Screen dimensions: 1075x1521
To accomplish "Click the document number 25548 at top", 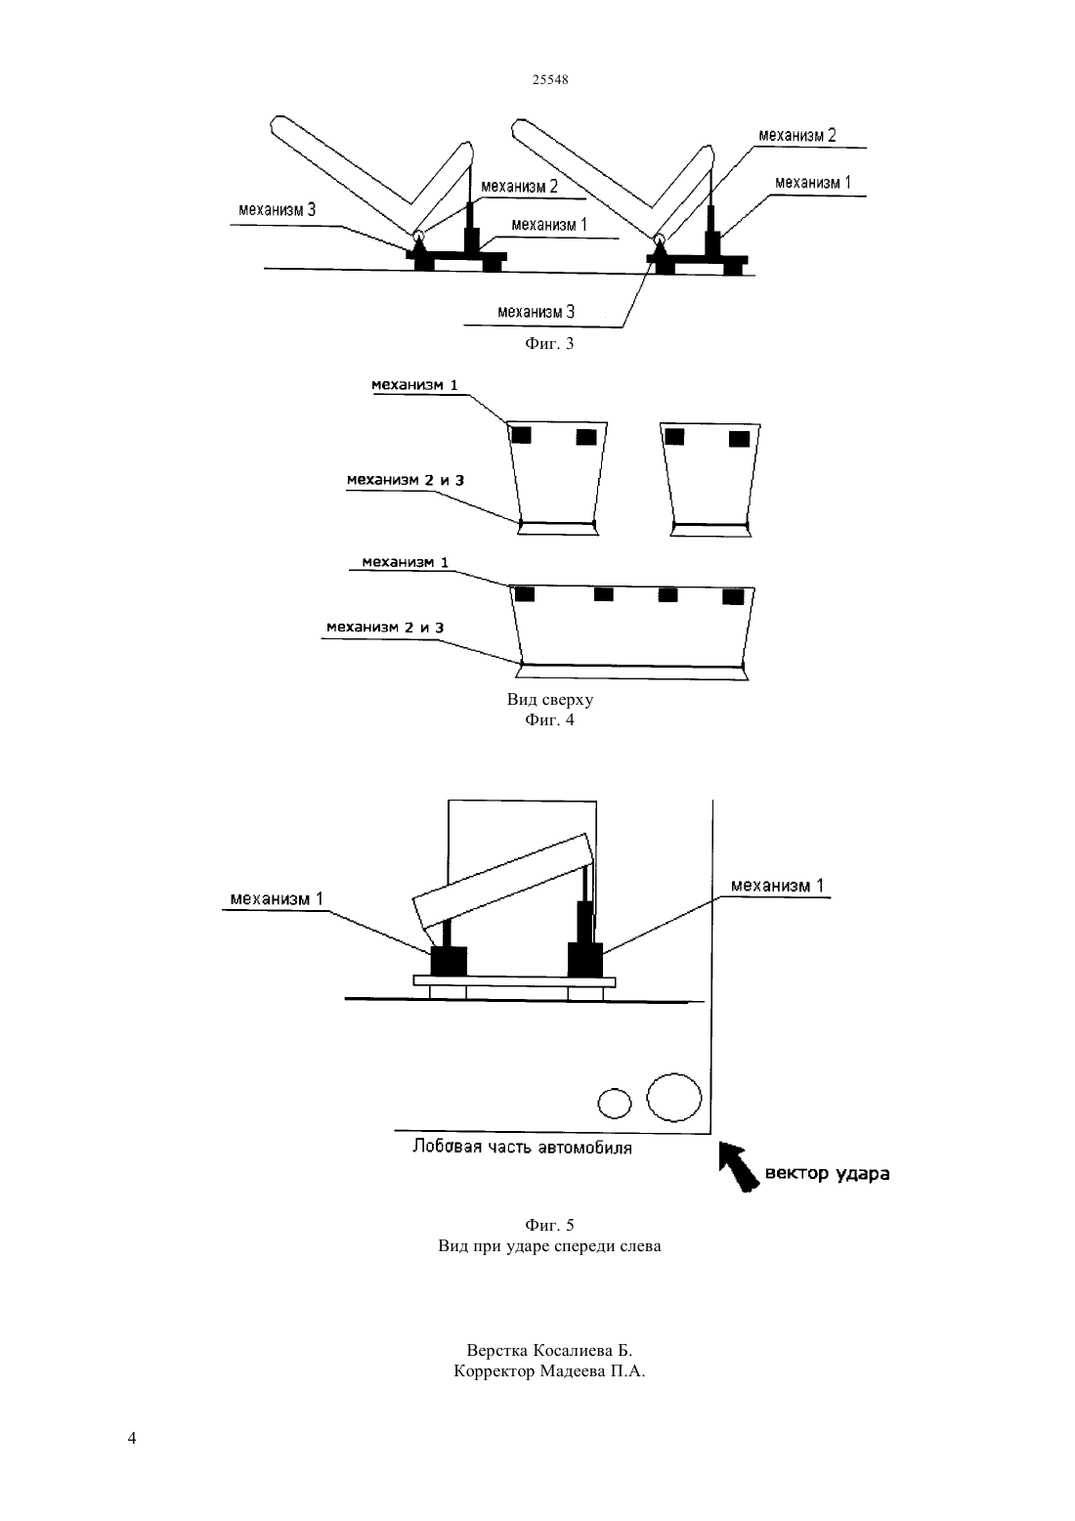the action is tap(549, 79).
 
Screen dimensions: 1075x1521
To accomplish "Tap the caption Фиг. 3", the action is tap(549, 343).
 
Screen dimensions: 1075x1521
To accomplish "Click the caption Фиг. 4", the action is tap(549, 719).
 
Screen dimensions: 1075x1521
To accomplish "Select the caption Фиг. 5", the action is tap(549, 1225).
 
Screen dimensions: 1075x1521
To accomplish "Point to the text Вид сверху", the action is tap(549, 699).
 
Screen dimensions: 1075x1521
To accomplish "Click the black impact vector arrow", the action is tap(739, 1166).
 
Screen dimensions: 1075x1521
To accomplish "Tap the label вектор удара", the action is tap(828, 1174).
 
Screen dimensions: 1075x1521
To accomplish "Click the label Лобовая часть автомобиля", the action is tap(522, 1147).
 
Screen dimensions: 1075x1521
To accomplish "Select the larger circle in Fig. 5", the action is tap(674, 1098).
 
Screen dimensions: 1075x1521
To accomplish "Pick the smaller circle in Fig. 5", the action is tap(614, 1103).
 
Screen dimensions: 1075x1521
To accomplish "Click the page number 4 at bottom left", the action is tap(132, 1438).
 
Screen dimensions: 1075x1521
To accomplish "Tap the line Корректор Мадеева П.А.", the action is tap(549, 1370).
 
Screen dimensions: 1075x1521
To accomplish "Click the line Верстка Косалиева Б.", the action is tap(549, 1349).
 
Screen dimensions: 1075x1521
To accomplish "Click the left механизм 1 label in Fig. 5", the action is tap(277, 899).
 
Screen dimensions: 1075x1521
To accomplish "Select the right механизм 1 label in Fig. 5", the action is tap(777, 886).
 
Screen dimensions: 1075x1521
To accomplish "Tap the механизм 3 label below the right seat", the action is tap(537, 313).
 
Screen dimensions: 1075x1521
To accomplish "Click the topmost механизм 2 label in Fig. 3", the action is tap(797, 135).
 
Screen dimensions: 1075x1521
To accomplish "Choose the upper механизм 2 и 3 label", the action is tap(406, 480).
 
